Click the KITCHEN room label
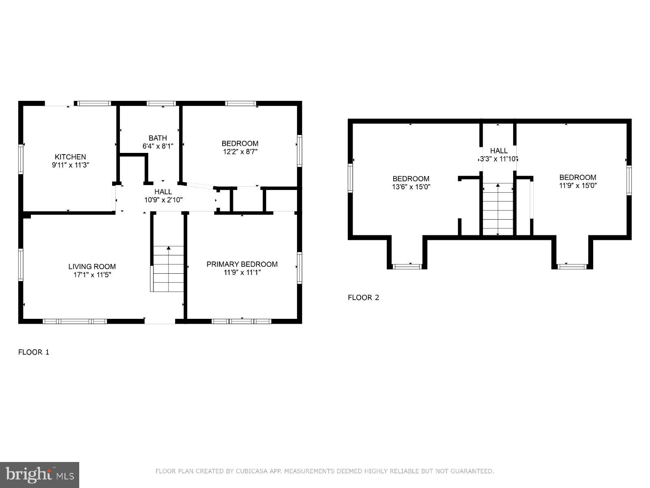[x=70, y=157]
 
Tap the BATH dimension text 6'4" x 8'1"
[x=158, y=146]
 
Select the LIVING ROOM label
[x=92, y=266]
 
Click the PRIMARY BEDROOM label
[x=242, y=264]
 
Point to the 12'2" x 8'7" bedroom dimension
[x=240, y=152]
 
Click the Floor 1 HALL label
[x=163, y=192]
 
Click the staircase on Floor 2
[x=498, y=209]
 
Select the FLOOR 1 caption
[x=34, y=352]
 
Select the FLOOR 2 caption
[x=363, y=298]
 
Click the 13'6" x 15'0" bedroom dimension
[x=411, y=187]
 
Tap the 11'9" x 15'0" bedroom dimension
[x=578, y=185]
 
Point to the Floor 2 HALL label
[x=498, y=150]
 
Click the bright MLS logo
[x=40, y=474]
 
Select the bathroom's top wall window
[x=161, y=103]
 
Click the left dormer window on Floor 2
[x=407, y=266]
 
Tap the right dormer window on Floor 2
[x=572, y=266]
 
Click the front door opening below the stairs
[x=160, y=321]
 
